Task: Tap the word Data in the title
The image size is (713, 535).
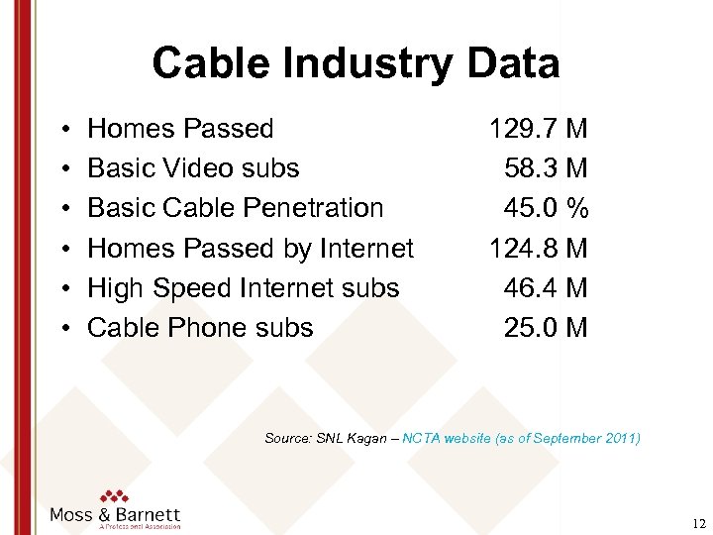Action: click(515, 63)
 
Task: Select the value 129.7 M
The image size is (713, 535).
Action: click(538, 129)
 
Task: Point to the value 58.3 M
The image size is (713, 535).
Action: click(546, 168)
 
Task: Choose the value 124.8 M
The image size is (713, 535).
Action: click(538, 248)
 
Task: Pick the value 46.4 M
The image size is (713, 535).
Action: click(546, 288)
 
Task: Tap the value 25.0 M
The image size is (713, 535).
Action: click(546, 328)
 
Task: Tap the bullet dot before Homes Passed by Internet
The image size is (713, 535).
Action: click(62, 249)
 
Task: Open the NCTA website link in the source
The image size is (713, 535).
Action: click(446, 438)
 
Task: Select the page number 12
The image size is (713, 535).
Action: click(699, 522)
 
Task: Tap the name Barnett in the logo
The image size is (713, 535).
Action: click(147, 514)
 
